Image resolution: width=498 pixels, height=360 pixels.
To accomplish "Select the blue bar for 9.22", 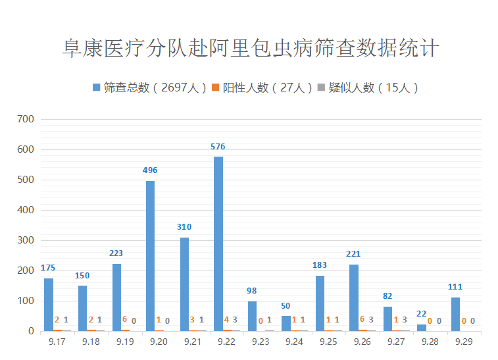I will coord(218,244).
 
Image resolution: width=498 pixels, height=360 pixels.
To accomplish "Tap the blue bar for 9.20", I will coord(150,255).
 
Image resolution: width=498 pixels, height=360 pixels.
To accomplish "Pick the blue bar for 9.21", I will coord(184,284).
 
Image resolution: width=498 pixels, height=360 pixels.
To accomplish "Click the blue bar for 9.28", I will coord(421,327).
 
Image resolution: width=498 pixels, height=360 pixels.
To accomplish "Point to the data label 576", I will coord(218,147).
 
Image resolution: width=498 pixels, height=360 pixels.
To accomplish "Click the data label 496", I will coord(150,170).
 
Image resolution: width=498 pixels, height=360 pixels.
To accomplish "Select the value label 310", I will coord(184,227).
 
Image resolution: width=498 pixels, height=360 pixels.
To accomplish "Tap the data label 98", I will coord(252,291).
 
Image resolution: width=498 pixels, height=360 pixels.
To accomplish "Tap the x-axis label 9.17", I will coord(57,342).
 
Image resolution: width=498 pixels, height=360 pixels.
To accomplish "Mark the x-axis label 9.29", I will coord(464,342).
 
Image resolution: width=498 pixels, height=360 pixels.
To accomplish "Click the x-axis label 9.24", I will coord(294,342).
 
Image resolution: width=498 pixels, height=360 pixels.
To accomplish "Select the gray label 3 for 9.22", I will coord(235,320).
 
